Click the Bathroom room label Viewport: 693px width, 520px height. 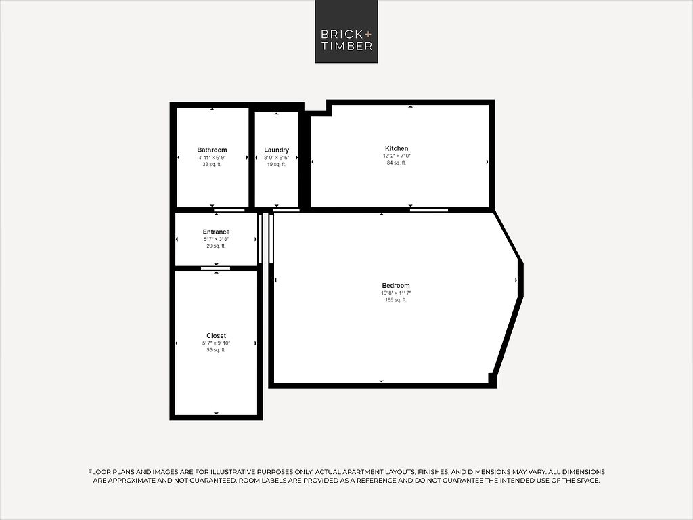(212, 150)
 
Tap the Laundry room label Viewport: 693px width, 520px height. (277, 150)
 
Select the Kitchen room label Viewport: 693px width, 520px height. (397, 148)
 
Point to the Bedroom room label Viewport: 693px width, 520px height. (396, 286)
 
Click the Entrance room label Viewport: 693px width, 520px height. (216, 232)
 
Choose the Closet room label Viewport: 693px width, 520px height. (216, 336)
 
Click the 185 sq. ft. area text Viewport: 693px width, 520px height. (396, 300)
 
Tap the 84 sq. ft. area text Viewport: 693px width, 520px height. (397, 162)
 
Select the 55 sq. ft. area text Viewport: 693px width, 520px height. (216, 350)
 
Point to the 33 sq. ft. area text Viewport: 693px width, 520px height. (212, 164)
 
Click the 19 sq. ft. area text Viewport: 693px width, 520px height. (277, 164)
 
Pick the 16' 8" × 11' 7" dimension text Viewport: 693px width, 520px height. (396, 292)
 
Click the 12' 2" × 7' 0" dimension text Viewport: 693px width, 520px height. (397, 156)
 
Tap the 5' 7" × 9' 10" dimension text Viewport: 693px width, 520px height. (216, 343)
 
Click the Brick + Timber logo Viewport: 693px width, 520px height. (346, 31)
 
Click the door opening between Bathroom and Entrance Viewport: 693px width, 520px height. (229, 210)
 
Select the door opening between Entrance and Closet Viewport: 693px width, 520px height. (216, 268)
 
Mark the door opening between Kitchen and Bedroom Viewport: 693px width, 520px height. (428, 210)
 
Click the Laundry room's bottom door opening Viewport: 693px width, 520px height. (286, 210)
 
